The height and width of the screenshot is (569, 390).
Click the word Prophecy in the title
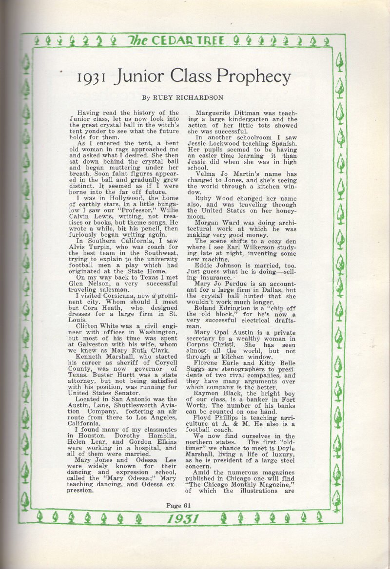click(253, 77)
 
